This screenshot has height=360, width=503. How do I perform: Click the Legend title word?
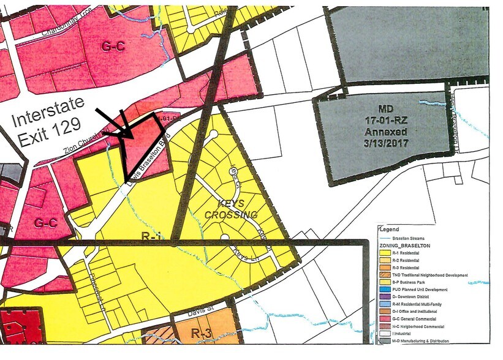click(390, 230)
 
